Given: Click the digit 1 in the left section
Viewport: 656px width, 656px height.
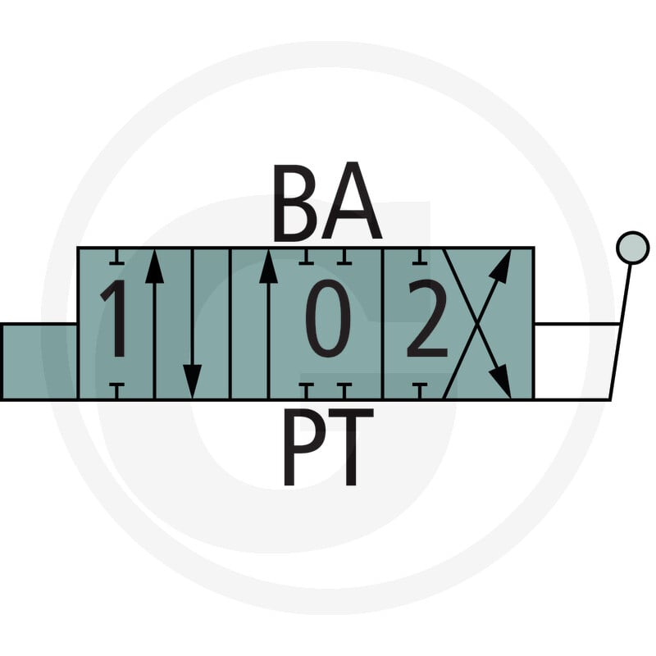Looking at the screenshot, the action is (116, 319).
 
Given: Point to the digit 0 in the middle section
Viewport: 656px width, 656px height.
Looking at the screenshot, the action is (328, 319).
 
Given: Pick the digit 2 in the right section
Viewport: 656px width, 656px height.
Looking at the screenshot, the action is (427, 319).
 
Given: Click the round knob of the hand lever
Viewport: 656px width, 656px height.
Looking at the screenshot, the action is (633, 248).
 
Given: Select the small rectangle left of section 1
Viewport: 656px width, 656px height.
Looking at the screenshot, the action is (39, 362).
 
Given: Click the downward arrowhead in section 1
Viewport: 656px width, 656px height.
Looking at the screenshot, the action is (193, 380).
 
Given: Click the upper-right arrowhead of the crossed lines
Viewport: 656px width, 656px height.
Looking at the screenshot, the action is (501, 265).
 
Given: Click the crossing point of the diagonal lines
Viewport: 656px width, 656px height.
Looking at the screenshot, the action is (477, 323).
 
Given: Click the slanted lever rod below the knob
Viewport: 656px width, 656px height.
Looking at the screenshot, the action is (622, 331).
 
